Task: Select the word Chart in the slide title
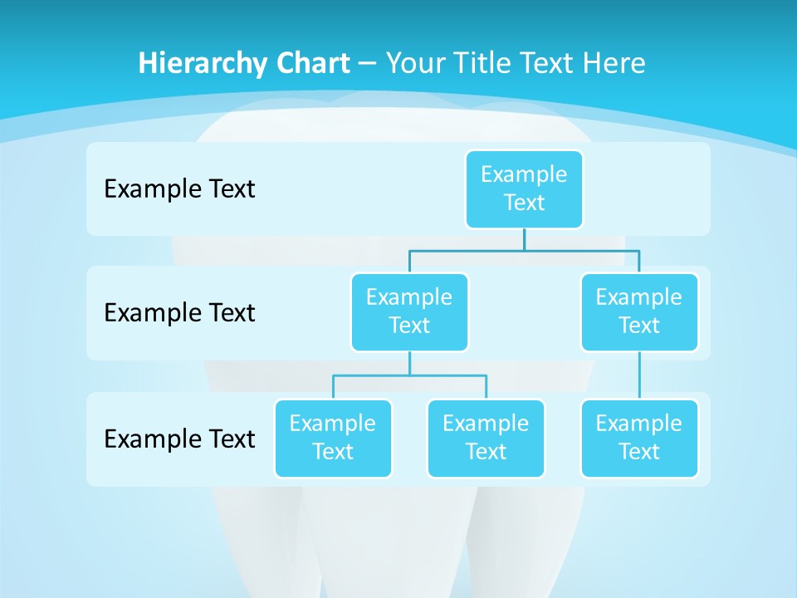311,63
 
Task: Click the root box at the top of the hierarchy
524,189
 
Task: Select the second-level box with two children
409,311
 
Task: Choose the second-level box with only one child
638,311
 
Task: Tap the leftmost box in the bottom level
333,438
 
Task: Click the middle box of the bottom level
486,438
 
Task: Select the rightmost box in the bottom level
638,438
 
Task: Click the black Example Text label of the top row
179,189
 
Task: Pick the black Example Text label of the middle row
179,313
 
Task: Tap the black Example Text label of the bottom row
179,439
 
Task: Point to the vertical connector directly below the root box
524,239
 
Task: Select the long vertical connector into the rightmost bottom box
638,375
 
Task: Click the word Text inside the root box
524,203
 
